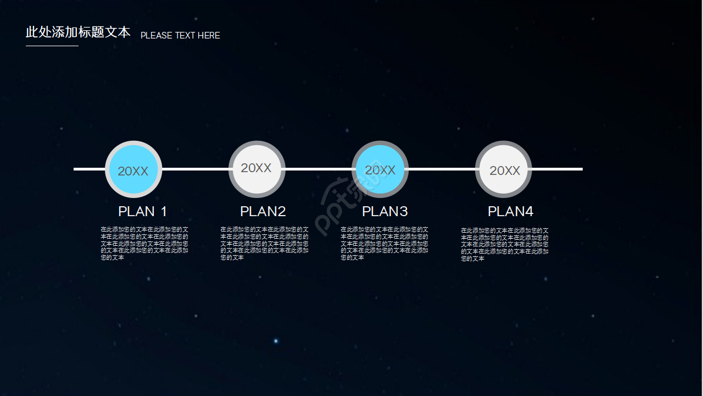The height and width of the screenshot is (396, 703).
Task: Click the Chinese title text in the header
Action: [x=78, y=32]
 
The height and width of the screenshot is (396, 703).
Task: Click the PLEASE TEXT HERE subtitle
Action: [x=180, y=36]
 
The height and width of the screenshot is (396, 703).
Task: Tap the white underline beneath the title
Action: [x=52, y=46]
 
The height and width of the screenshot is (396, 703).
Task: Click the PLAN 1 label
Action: [x=143, y=212]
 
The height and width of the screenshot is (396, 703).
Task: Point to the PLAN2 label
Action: [x=263, y=212]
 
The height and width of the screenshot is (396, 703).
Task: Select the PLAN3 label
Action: [x=385, y=212]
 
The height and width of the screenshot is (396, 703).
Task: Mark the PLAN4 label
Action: [x=511, y=212]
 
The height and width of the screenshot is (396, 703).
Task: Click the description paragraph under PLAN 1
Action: [x=144, y=243]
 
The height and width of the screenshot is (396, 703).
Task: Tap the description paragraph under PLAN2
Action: [x=264, y=243]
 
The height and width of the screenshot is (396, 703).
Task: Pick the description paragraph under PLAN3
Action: [x=384, y=243]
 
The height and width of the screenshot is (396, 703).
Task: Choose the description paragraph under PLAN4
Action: [x=505, y=244]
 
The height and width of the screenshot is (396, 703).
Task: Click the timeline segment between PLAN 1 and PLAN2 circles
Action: [x=195, y=169]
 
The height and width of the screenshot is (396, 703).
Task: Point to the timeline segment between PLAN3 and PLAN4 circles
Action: [x=442, y=169]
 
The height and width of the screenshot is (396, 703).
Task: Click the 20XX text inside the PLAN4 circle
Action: [x=505, y=170]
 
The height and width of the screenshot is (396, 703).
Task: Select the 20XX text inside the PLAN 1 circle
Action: [x=133, y=171]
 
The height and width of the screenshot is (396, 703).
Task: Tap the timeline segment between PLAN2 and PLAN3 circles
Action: [x=319, y=169]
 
